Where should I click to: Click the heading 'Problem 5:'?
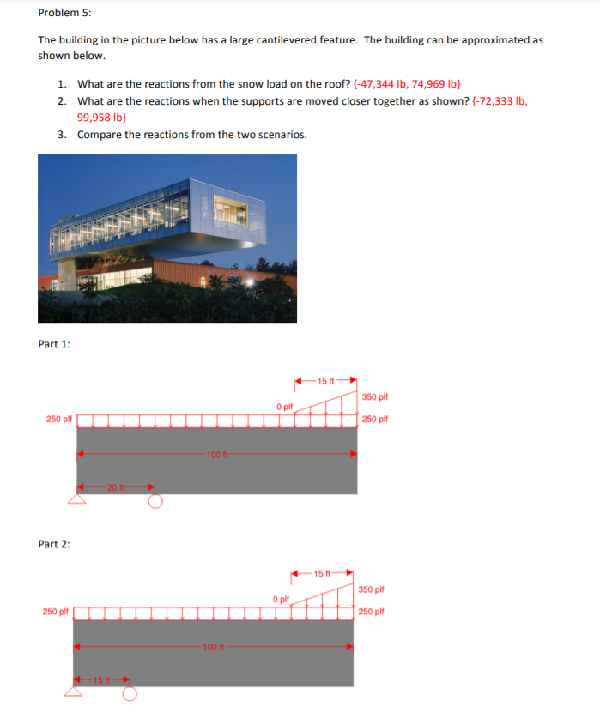(65, 13)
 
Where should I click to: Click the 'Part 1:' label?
(55, 344)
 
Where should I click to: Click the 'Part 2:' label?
(55, 544)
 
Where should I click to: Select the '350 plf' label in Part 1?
(375, 397)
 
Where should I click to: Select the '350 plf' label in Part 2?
(373, 589)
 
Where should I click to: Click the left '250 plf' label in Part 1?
(58, 419)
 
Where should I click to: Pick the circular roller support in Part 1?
(155, 501)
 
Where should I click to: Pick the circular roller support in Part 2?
(128, 693)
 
